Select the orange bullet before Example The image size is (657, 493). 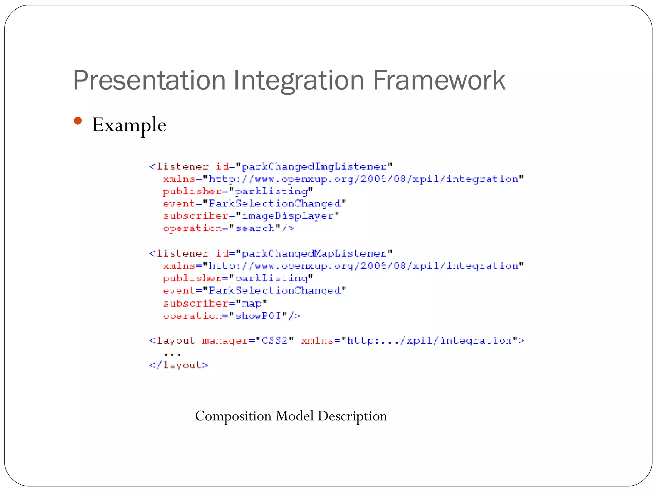coord(78,121)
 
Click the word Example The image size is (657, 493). coord(129,125)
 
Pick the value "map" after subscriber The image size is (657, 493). coord(251,303)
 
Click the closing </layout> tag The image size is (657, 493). coord(179,365)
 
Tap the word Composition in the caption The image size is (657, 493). coord(233,416)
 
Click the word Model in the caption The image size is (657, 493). coord(294,416)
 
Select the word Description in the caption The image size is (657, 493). coord(352,416)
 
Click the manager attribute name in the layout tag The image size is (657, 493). coord(225,340)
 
